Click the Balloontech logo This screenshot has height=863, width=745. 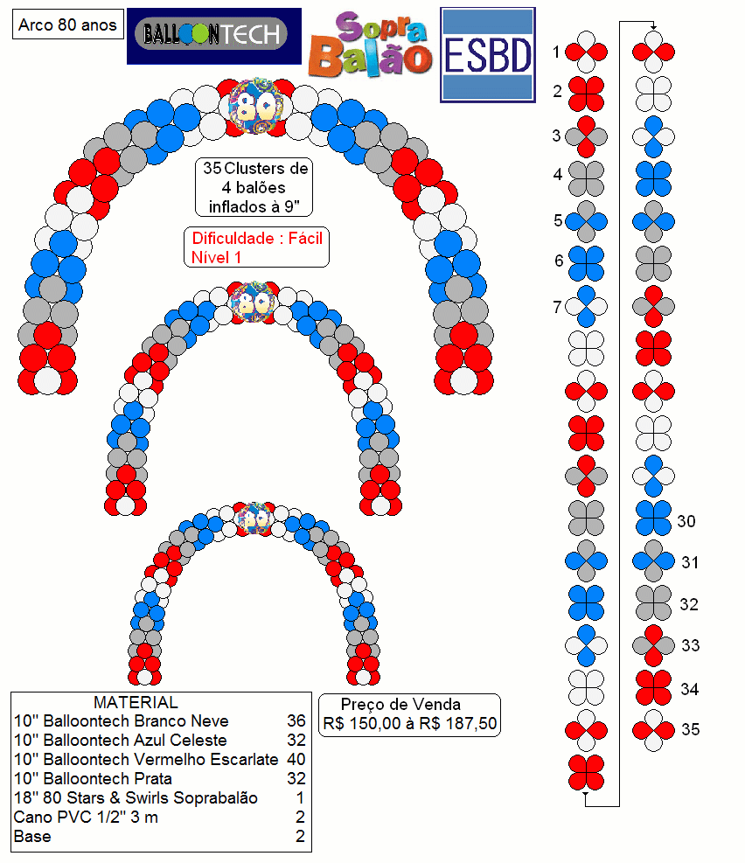214,36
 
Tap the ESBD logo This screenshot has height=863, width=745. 488,55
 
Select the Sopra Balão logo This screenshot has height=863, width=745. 370,44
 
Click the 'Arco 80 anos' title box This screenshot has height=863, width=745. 67,24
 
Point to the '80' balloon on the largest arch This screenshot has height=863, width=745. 256,106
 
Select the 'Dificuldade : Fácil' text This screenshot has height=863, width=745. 257,239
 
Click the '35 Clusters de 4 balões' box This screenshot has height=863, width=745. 254,187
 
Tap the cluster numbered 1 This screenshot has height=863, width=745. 587,52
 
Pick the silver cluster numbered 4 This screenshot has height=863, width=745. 587,179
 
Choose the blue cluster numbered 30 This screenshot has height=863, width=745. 654,518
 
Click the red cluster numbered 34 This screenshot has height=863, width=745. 654,687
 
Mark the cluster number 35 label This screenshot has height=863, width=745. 691,729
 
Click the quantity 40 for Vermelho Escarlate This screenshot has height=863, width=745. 296,759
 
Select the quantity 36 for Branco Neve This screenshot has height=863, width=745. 296,720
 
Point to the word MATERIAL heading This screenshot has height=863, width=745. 136,702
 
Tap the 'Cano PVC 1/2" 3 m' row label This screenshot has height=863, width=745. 86,817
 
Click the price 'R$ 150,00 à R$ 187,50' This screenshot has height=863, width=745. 410,723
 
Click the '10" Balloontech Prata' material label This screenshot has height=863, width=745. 93,778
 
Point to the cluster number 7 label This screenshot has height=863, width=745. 557,306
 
